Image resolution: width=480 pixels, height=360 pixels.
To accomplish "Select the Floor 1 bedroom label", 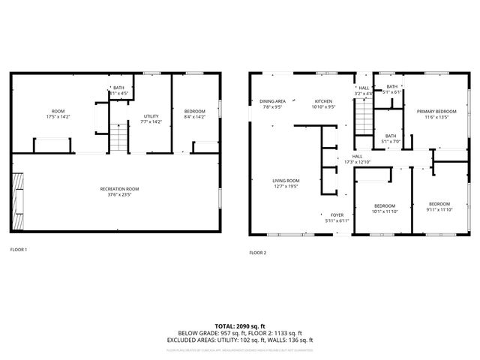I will pos(195,113).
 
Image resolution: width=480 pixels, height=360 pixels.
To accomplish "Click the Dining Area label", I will pos(272,104).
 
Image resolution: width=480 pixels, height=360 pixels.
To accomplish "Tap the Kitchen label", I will pos(323,104).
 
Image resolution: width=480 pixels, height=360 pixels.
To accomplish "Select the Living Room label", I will pos(286,183).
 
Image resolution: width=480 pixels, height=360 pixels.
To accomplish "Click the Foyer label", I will pos(337,217).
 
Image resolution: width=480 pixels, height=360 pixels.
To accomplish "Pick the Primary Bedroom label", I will pos(436,113).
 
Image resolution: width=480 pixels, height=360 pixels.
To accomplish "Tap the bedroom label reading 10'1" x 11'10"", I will pos(385,208).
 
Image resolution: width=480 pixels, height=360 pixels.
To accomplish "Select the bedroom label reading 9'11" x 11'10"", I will pos(439,207).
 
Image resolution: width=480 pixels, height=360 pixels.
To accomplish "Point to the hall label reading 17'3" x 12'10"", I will pos(358,160).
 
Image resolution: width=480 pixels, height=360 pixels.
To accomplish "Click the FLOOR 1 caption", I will pos(19,249).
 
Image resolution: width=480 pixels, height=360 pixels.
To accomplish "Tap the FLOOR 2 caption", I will pos(257,253).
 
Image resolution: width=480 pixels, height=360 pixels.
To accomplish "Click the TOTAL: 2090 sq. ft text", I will pos(239,326).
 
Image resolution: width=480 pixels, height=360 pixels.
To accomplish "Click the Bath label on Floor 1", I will pos(118,91).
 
